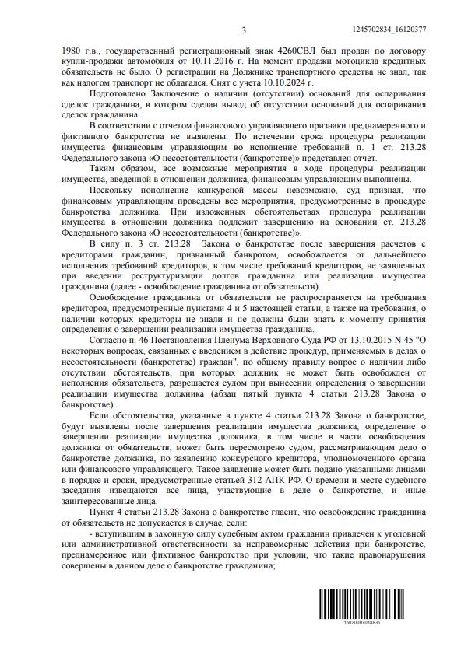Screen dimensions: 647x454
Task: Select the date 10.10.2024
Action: coord(287,82)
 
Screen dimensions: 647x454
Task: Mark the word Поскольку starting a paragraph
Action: coord(114,189)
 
